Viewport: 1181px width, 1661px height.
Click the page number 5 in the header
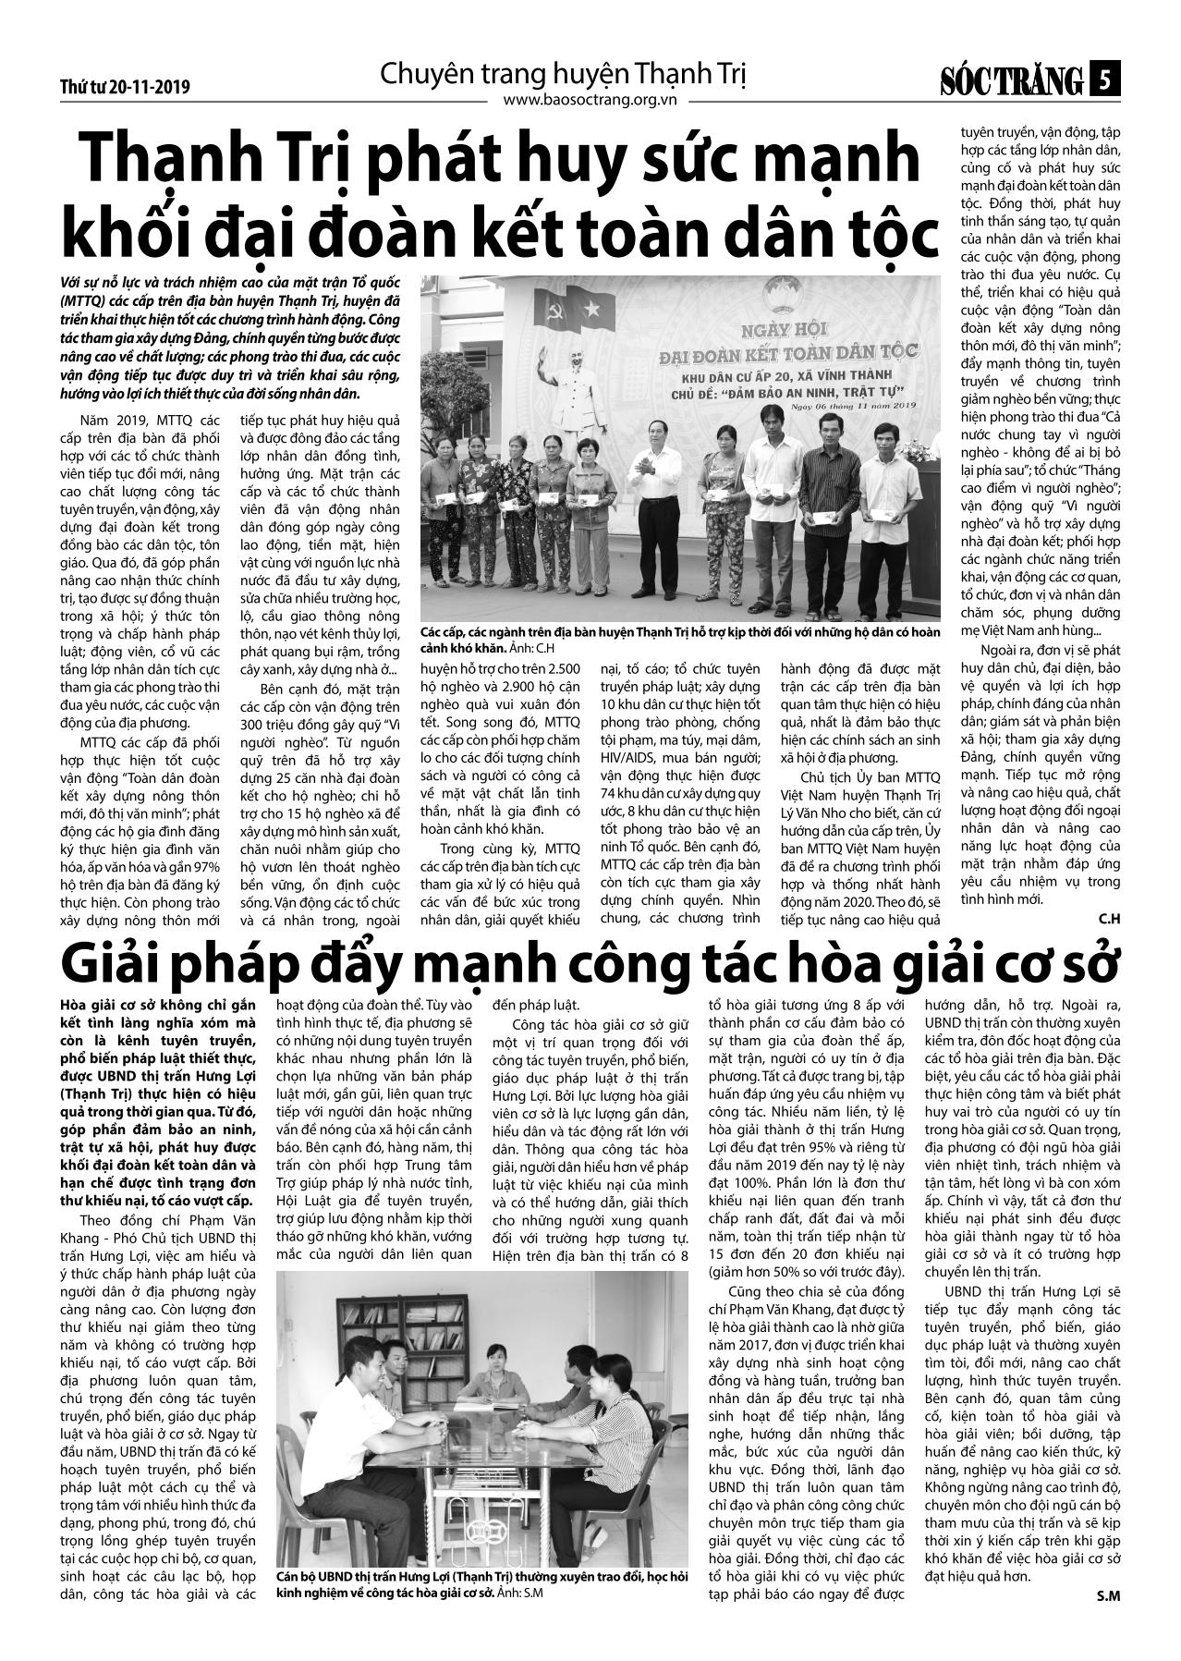pos(1105,81)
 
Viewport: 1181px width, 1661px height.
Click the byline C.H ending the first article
pos(1109,917)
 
